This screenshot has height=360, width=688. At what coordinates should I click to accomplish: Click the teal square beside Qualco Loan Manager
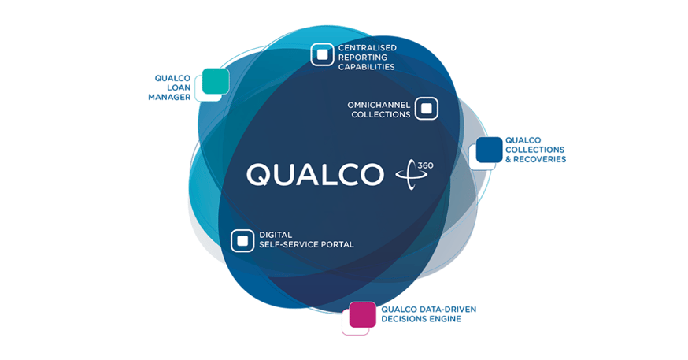point(215,81)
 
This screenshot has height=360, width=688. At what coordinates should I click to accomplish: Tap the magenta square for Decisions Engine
point(362,314)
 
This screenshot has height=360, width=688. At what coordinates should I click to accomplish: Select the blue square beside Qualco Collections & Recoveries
point(489,150)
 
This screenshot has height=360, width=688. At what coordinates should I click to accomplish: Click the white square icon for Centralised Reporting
point(322,54)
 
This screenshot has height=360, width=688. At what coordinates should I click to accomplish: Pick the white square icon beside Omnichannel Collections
point(426,108)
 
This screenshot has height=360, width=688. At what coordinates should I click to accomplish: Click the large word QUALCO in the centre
point(314,174)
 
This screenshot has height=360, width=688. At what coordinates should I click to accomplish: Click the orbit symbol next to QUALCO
point(410,174)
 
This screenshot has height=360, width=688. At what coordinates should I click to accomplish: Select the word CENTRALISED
point(367,48)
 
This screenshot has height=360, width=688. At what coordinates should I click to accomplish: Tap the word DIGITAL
point(276,235)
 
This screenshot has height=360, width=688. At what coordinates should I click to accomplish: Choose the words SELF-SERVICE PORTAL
point(306,245)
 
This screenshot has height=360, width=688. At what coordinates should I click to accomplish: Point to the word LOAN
point(179,88)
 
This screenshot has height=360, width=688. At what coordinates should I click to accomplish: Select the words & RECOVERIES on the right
point(535,160)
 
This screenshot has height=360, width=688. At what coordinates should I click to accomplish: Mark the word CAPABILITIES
point(366,67)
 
